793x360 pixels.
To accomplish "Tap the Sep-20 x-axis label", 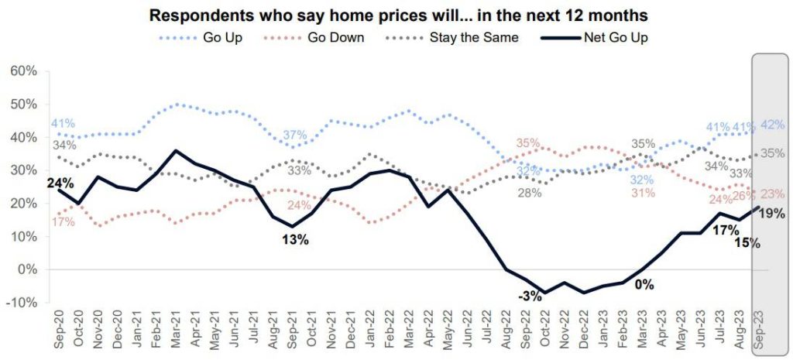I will [57, 331].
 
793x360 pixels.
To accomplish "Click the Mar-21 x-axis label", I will [177, 331].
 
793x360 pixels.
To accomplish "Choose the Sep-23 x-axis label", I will [761, 331].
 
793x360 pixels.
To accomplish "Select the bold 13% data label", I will [295, 240].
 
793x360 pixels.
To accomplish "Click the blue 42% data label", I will [772, 125].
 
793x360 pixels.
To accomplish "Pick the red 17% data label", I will [63, 222].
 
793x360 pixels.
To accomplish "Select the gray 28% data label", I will [529, 192].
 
